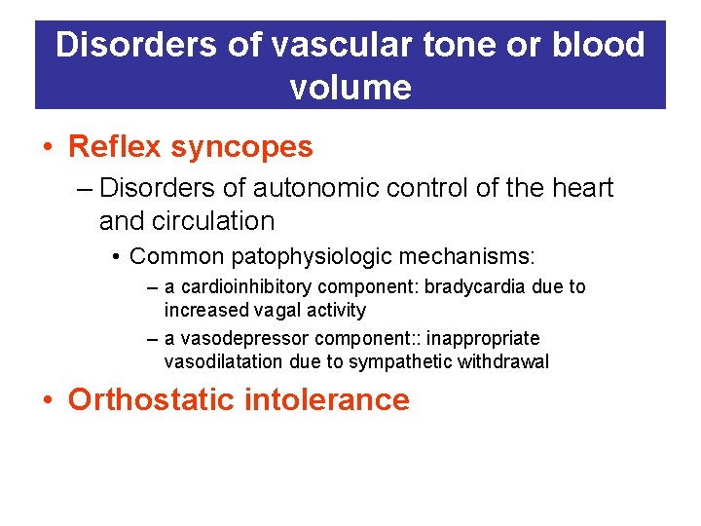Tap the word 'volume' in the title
[350, 88]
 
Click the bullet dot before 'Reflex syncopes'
[48, 148]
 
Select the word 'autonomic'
[305, 187]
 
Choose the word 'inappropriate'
[483, 338]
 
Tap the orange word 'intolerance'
[336, 399]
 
